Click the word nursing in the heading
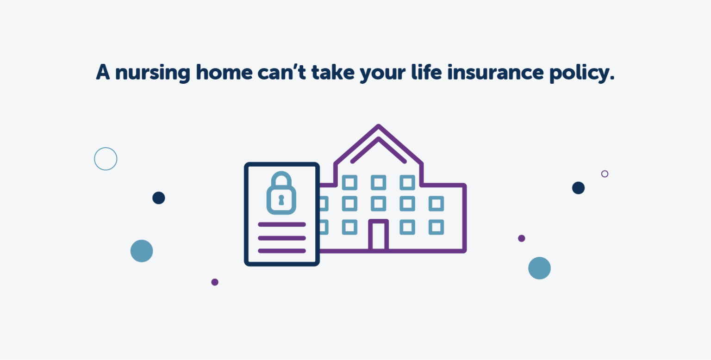[152, 73]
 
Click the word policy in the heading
[581, 73]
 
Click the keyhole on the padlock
[281, 200]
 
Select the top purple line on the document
[281, 224]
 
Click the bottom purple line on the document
[281, 251]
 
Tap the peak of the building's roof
[379, 126]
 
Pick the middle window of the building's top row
[378, 182]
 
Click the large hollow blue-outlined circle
[106, 159]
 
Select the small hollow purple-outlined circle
[605, 174]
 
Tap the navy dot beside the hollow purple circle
[578, 188]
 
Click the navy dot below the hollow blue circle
[159, 198]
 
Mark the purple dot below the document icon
[215, 282]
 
